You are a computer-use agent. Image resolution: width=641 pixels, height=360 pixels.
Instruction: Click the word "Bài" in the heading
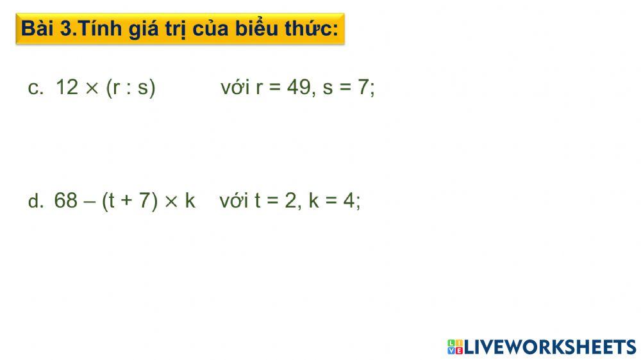tap(38, 29)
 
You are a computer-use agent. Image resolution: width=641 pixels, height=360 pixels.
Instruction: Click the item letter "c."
tap(35, 88)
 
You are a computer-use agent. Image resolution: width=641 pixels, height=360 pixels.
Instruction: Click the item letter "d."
tap(35, 201)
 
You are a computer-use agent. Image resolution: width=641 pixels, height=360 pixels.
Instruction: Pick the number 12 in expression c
tap(67, 87)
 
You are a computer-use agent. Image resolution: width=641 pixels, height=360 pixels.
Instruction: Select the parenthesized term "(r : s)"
tap(131, 88)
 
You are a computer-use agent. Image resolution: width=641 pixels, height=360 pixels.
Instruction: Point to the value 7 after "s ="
tap(363, 87)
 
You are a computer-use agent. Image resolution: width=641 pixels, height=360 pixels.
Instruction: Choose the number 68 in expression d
tap(66, 200)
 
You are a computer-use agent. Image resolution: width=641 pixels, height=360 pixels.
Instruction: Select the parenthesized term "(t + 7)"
tap(129, 201)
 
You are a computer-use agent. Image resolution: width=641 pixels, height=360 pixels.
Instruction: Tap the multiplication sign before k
tap(171, 201)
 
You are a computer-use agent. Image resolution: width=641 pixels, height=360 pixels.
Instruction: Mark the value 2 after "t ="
tap(290, 200)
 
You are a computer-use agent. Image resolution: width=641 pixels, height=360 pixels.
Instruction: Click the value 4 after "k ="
tap(349, 200)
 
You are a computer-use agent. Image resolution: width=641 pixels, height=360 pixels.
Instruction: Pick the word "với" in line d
tap(234, 201)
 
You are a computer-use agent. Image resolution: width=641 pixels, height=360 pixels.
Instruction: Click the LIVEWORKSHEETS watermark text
tap(549, 347)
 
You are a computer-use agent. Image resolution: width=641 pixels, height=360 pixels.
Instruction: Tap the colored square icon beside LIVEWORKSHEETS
tap(454, 347)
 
